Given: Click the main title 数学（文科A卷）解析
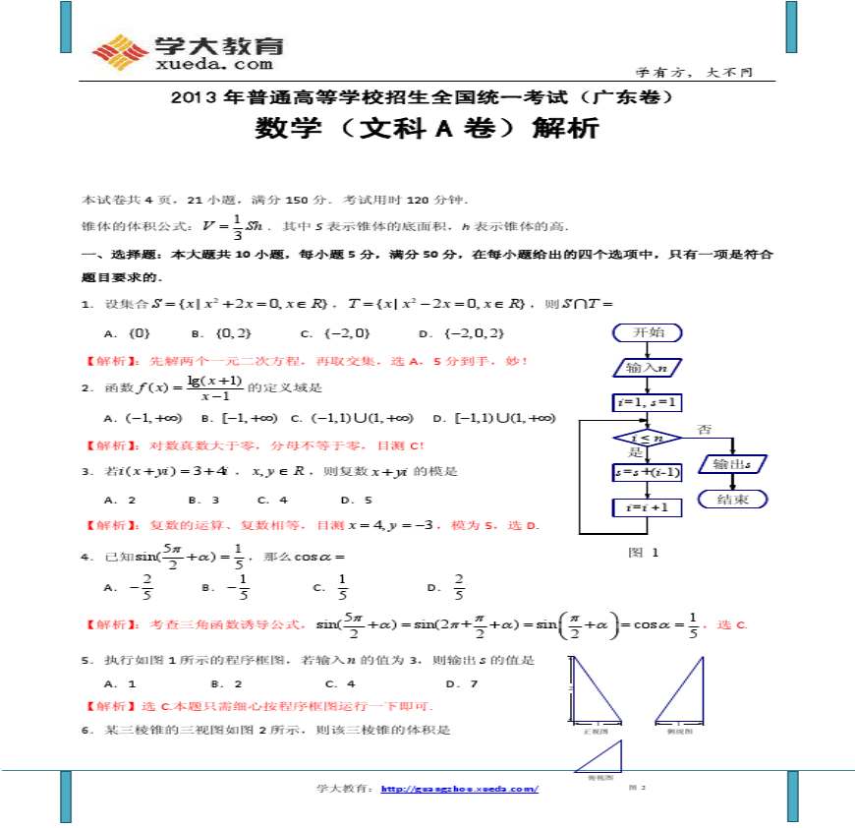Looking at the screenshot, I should point(427,129).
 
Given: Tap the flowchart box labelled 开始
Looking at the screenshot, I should point(648,332).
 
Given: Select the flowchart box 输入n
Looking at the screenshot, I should point(648,368).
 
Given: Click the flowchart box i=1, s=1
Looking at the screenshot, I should point(648,402).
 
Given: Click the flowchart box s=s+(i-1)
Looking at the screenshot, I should point(648,472).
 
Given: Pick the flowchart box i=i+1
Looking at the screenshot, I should point(648,507).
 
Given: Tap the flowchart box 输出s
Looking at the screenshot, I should point(733,464).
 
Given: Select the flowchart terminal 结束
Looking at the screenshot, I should point(733,500).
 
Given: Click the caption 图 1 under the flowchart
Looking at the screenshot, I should point(644,553).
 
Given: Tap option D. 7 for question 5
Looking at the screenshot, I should point(462,683).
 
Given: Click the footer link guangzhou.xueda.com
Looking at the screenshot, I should point(459,789).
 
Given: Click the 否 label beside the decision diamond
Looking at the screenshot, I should point(704,429).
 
